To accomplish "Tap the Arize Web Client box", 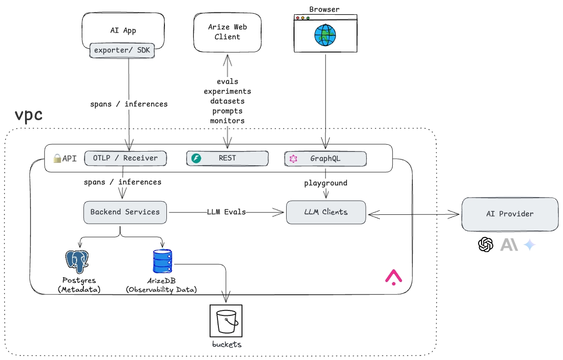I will pos(227,32).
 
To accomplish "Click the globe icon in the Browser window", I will pos(325,35).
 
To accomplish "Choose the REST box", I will pos(227,158).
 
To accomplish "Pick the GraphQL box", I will pos(325,158).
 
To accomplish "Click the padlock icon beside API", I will pos(57,158).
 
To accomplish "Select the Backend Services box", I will pos(125,212).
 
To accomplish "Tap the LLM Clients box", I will pos(326,212).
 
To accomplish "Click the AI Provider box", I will pos(509,214).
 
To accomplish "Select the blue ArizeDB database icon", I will pos(162,261).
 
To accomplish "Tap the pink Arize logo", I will pos(393,277).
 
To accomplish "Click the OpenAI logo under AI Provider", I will pos(485,244).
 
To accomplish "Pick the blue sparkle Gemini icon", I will pos(530,244).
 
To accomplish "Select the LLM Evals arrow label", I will pos(226,212).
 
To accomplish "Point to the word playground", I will pos(325,183).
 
